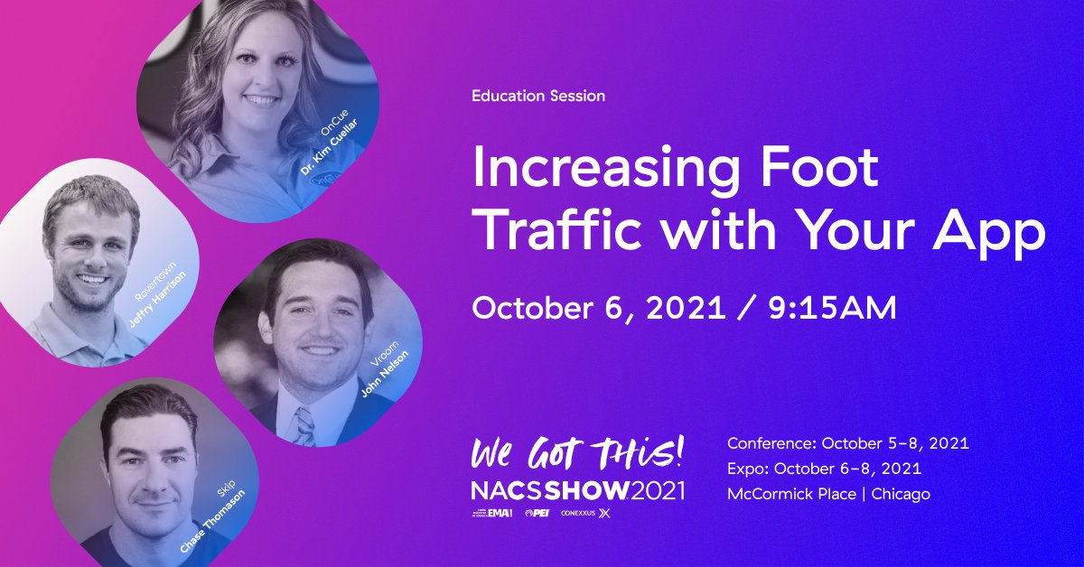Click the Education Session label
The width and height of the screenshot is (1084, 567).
point(538,95)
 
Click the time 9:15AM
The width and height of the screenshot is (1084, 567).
point(830,307)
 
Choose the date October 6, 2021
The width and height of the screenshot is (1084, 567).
point(599,307)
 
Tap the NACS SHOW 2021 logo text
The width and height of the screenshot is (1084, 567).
point(578,490)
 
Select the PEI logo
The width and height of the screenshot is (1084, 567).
point(537,513)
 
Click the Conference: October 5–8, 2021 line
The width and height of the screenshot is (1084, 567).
point(848,443)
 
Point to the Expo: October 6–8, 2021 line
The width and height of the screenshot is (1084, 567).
point(824,469)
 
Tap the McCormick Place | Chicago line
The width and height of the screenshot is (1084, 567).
point(828,494)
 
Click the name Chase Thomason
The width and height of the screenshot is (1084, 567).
point(213,520)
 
